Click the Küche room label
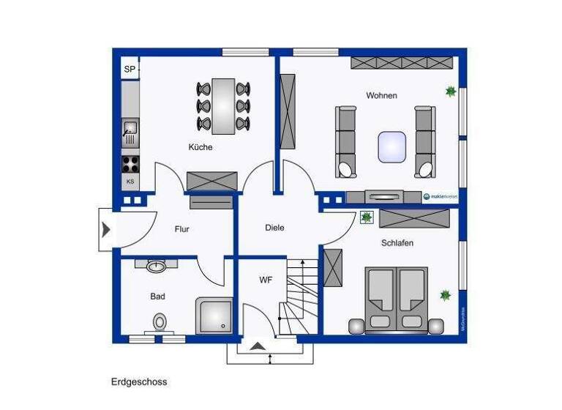[x=200, y=147]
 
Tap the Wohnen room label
[x=381, y=96]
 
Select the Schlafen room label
[x=397, y=242]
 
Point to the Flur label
[x=181, y=229]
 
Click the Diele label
[x=274, y=228]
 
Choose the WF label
[x=265, y=280]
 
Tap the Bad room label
[x=157, y=297]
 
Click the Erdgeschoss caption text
[x=139, y=381]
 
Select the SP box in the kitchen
[x=130, y=70]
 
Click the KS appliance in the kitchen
[x=130, y=182]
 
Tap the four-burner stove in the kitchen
[x=130, y=163]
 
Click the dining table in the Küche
[x=223, y=106]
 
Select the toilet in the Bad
[x=160, y=321]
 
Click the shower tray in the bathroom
[x=214, y=316]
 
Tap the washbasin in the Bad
[x=156, y=266]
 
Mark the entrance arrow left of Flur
[x=106, y=230]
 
